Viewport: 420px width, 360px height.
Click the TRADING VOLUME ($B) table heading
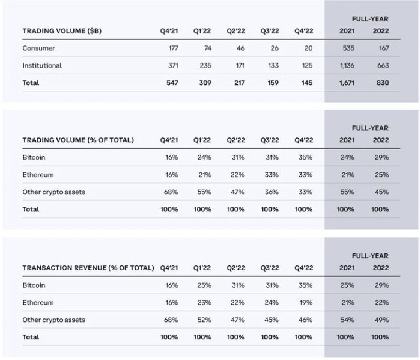tap(62, 31)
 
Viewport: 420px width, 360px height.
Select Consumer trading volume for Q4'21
tap(173, 48)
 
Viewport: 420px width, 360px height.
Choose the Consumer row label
tap(39, 48)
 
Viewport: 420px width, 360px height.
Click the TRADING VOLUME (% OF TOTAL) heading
tap(78, 140)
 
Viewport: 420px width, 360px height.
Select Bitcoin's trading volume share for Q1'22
tap(204, 157)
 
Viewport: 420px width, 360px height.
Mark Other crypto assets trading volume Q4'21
tap(171, 192)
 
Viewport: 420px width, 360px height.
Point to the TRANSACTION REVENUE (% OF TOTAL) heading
tap(88, 268)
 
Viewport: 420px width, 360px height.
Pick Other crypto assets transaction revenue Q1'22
tap(204, 320)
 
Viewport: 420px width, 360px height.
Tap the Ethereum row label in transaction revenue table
tap(38, 302)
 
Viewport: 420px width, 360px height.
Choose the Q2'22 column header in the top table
tap(236, 31)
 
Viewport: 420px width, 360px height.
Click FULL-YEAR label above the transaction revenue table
tap(370, 256)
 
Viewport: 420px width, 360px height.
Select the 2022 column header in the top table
tap(381, 31)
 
